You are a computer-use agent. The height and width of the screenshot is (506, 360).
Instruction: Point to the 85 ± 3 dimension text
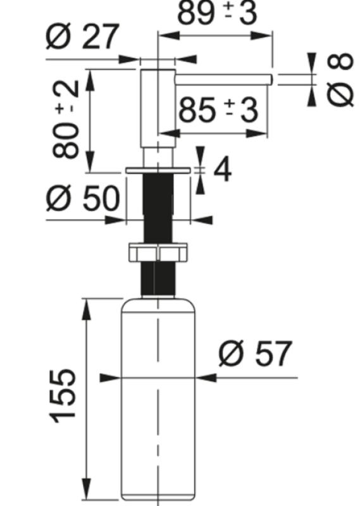(218, 111)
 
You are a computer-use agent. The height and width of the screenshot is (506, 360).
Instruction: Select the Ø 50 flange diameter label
(82, 199)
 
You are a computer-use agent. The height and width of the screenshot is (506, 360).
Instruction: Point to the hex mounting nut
(158, 252)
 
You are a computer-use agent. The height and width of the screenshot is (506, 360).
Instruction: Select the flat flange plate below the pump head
(158, 171)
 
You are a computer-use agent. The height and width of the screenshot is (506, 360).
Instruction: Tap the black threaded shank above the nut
(158, 209)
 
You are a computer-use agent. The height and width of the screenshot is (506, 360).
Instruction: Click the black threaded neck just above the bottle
(158, 278)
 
